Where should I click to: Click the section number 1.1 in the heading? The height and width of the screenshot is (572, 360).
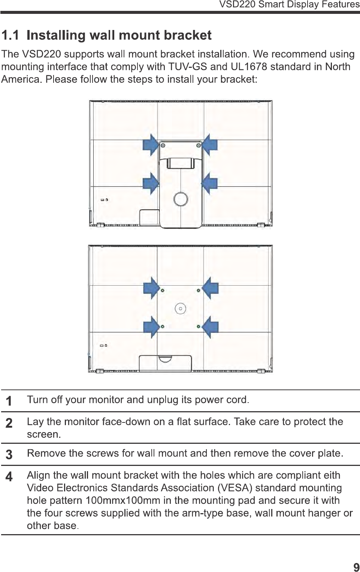point(10,35)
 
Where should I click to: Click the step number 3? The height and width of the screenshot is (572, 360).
point(9,455)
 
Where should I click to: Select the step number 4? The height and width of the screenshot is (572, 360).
point(9,477)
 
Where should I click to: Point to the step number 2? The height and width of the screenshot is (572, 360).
point(9,423)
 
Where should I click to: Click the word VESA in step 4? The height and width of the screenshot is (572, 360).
point(235,488)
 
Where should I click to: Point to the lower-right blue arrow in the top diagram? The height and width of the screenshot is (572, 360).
point(210,183)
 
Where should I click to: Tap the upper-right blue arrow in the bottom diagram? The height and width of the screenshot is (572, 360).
point(211,288)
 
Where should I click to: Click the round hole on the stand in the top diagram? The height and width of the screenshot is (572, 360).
point(181,199)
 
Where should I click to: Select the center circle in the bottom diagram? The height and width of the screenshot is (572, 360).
point(181,309)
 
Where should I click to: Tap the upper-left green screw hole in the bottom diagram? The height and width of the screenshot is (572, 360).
point(162,290)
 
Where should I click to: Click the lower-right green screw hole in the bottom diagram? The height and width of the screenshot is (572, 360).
point(199,327)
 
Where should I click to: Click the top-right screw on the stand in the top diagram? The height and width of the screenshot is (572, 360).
point(198,145)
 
